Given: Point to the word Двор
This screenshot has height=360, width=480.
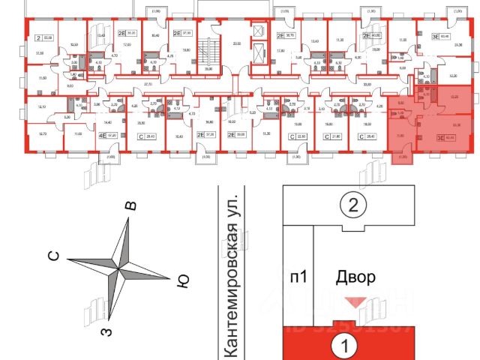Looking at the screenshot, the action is pyautogui.click(x=355, y=277).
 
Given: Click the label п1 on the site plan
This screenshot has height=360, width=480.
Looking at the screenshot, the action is pyautogui.click(x=299, y=277).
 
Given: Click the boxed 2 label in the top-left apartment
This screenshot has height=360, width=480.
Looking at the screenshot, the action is pyautogui.click(x=38, y=35).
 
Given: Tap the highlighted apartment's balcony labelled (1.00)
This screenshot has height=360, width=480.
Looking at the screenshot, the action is pyautogui.click(x=403, y=157).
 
